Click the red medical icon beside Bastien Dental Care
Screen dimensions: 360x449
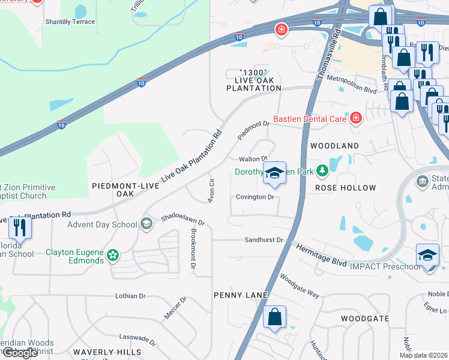[357, 118]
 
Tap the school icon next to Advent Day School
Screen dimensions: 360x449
[145, 224]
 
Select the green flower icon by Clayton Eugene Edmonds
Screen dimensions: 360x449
[112, 257]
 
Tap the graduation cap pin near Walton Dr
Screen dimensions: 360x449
[274, 173]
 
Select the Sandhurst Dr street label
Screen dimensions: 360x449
[263, 239]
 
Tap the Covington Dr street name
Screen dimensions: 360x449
[255, 197]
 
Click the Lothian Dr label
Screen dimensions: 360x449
[130, 296]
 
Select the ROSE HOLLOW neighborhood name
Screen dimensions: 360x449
[345, 188]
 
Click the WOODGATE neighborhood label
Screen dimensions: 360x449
[365, 318]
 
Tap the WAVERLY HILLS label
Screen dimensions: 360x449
[107, 352]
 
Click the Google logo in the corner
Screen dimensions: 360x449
[20, 352]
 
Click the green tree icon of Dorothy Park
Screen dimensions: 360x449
[322, 172]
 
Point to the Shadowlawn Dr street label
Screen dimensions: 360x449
[182, 220]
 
